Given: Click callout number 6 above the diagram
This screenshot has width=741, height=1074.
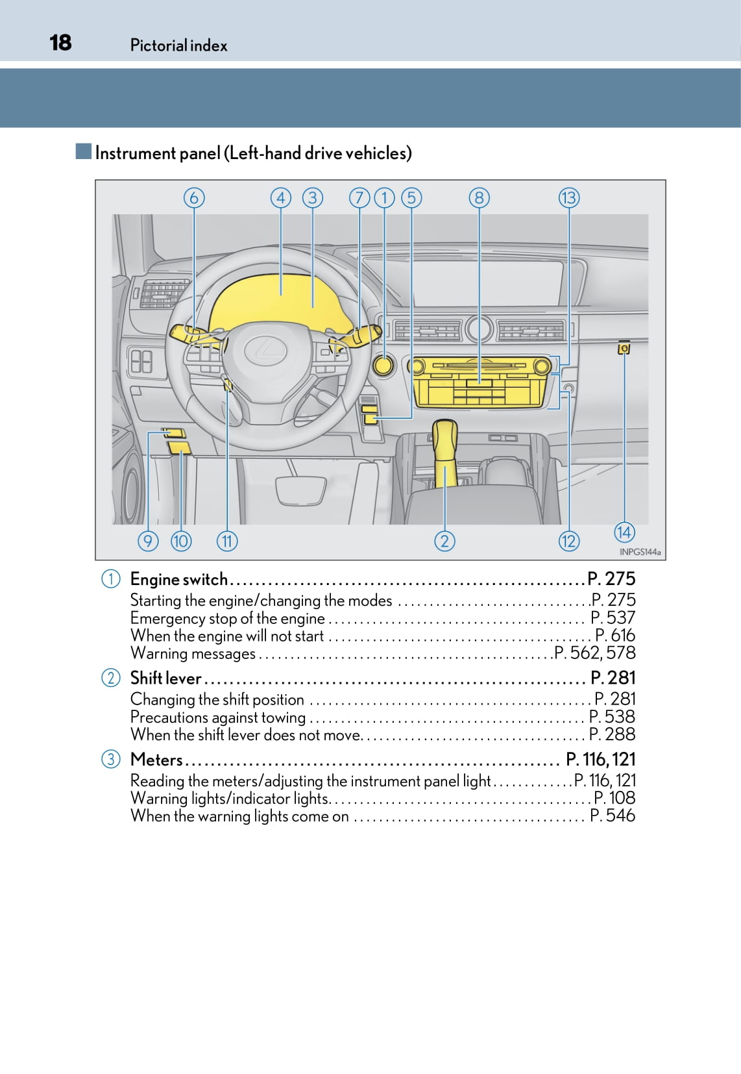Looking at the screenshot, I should point(193,197).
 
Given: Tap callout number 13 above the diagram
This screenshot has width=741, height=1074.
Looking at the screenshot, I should point(568,197).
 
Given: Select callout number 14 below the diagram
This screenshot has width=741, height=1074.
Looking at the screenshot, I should point(624,532).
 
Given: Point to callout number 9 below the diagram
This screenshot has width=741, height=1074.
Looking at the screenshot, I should point(148,541).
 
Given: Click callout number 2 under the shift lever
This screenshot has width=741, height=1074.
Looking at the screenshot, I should point(444,541).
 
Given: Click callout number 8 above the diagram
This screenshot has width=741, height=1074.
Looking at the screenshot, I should point(479,197).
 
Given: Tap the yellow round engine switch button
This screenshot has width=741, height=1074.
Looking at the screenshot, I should point(384,366).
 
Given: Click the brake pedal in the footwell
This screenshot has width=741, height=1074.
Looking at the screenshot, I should point(300,489).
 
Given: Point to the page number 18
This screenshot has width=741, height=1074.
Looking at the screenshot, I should point(60,43).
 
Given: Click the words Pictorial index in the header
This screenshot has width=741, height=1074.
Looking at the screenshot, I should point(178,45).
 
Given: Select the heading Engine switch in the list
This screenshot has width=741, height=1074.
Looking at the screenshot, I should point(178,579).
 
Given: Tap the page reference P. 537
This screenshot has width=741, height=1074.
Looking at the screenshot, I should point(613,618).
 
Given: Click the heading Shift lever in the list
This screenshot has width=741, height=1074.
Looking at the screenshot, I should point(165,678).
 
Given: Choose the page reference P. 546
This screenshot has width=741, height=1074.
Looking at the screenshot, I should point(613,816).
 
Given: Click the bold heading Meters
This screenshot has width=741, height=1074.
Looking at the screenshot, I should point(156,760).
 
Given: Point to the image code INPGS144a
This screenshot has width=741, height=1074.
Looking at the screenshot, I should point(640,552).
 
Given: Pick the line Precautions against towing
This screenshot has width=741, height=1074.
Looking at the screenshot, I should point(218,717).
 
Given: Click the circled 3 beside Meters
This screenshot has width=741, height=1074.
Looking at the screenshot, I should point(111,759).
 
